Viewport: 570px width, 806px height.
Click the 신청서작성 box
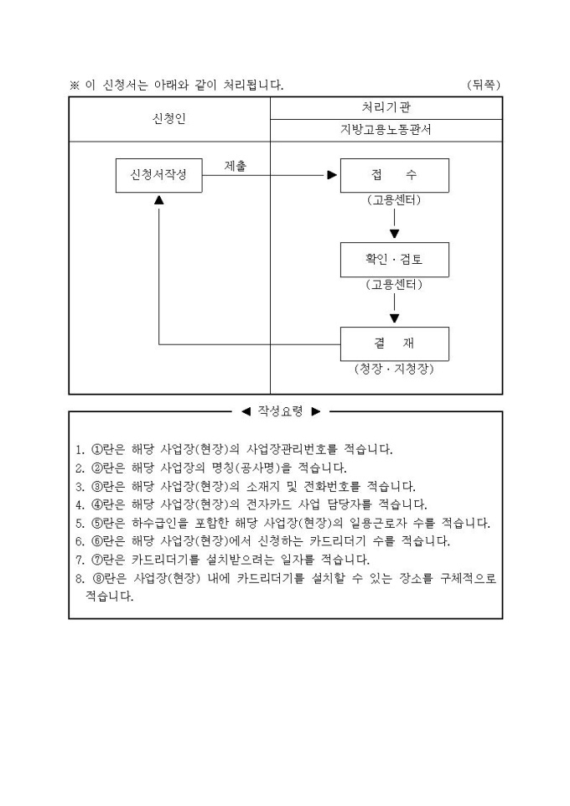[159, 175]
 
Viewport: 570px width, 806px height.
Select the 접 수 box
[394, 175]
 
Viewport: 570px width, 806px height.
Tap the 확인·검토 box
[394, 260]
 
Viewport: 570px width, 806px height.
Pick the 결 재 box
[394, 344]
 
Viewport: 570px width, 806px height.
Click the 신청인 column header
[169, 119]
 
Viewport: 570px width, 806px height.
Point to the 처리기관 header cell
[386, 107]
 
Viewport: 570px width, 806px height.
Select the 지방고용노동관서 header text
[386, 130]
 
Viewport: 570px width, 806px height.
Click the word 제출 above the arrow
[236, 166]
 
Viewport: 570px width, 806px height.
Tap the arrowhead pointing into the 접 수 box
[332, 175]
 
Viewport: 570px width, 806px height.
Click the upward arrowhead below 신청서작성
[159, 200]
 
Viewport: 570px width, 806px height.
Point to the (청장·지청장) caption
[394, 369]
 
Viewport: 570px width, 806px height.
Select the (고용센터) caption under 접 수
[394, 201]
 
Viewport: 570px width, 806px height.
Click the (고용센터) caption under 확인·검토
[394, 285]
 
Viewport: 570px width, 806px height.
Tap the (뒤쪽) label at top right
[485, 85]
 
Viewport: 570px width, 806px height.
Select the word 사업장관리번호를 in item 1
[323, 449]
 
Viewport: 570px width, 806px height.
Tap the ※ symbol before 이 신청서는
[74, 85]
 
